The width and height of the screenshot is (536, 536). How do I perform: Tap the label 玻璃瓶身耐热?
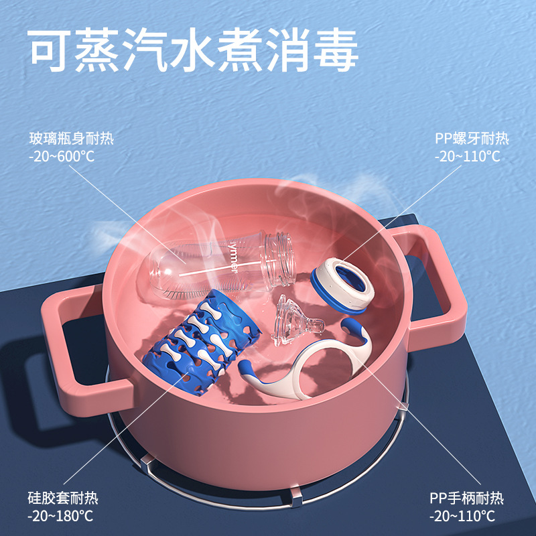pos(72,139)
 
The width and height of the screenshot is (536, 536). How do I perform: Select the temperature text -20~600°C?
pos(62,156)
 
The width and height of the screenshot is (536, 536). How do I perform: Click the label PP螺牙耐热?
pos(472,139)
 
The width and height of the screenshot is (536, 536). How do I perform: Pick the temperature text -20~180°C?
pos(60,516)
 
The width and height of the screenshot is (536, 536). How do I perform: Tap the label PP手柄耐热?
pos(466,498)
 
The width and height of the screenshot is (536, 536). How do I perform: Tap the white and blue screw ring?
pos(342,285)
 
